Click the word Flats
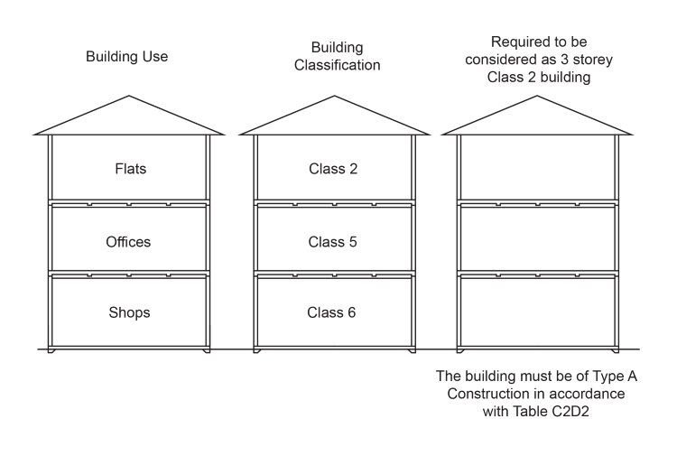130,169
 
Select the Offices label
128,242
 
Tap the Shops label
128,312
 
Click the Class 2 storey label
332,169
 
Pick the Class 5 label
332,242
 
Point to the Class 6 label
332,312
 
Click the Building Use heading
127,57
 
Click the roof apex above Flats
128,97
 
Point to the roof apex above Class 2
333,97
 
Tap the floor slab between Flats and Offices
128,203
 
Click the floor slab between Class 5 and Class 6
333,274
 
